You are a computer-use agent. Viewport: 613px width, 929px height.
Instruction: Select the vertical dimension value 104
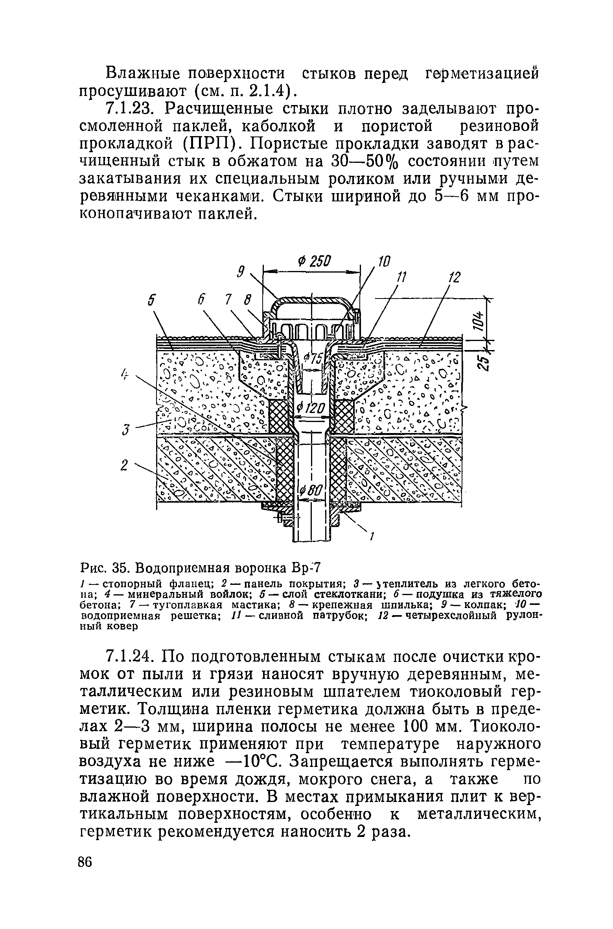[x=478, y=318]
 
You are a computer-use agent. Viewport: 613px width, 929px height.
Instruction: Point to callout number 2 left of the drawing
[x=125, y=466]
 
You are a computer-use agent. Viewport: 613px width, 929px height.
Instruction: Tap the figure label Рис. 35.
[x=105, y=568]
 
